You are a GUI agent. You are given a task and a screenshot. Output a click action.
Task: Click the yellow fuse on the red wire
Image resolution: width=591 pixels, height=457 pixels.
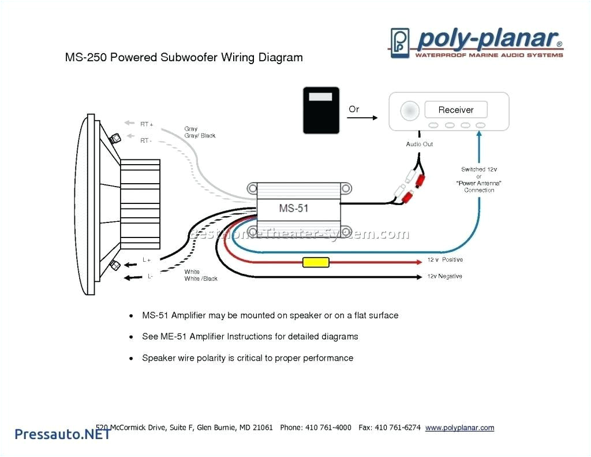[x=316, y=263]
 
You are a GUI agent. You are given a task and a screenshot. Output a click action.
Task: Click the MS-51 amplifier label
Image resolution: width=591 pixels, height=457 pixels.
[x=294, y=208]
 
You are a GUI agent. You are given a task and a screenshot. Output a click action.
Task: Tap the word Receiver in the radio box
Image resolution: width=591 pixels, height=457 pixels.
[x=455, y=110]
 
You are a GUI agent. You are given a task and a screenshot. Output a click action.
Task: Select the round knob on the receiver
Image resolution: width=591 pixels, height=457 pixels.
[x=410, y=110]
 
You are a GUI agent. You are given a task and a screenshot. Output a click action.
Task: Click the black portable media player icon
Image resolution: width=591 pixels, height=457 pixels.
[x=321, y=110]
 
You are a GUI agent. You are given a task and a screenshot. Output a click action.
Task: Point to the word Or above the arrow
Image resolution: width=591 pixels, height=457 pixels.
[x=354, y=109]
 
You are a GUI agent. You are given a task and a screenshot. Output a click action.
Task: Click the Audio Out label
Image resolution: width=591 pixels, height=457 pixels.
[x=419, y=144]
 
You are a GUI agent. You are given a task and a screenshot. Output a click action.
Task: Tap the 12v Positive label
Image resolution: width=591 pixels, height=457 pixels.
[x=444, y=260]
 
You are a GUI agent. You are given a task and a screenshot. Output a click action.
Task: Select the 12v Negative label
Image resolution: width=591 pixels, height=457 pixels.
[x=444, y=276]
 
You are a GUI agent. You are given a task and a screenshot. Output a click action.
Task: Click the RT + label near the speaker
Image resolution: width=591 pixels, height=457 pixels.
[x=147, y=124]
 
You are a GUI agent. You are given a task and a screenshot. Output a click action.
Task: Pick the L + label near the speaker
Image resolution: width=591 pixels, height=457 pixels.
[x=147, y=261]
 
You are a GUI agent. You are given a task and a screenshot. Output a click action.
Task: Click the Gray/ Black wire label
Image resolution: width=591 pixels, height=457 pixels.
[x=200, y=136]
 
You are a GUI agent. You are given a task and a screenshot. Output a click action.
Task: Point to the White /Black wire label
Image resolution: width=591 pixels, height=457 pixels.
[x=201, y=278]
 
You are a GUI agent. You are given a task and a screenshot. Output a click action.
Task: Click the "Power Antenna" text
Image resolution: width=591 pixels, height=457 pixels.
[x=478, y=183]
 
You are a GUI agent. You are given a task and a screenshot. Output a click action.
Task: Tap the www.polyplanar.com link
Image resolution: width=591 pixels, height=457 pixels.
[x=459, y=428]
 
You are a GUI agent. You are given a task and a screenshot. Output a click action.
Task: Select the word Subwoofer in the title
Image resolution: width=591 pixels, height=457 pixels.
[x=191, y=57]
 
